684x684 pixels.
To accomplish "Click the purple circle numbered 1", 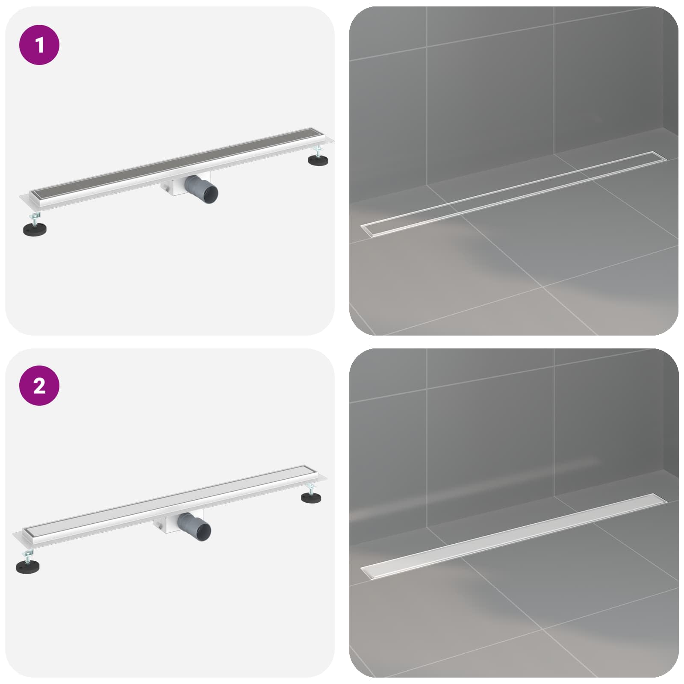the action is tap(39, 45).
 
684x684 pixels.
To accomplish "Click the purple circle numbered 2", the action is tap(39, 386).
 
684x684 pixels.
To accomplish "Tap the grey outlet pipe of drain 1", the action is tap(201, 188).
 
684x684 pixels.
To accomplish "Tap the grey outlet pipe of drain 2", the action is tap(195, 525).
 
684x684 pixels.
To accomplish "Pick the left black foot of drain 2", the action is tap(29, 566).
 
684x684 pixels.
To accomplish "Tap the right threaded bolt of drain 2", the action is tap(311, 488).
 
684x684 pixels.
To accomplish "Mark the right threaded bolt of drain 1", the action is tap(318, 150).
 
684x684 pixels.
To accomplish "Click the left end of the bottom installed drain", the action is tap(363, 570).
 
